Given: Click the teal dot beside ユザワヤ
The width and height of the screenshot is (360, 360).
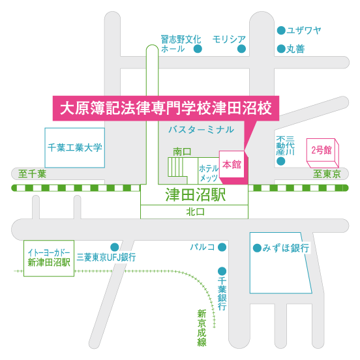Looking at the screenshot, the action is [281, 30].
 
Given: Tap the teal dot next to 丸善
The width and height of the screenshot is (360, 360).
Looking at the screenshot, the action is [281, 49].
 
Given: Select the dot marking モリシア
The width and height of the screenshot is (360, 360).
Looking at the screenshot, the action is [241, 49].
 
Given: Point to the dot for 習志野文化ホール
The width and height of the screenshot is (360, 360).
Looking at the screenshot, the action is [198, 49].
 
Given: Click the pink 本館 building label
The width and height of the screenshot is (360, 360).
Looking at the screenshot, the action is [232, 164].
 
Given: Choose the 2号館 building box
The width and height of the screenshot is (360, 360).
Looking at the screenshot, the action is [323, 153].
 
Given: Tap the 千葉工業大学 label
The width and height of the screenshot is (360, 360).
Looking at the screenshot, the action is [74, 147].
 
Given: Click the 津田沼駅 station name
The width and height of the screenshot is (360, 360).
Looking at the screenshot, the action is [196, 195].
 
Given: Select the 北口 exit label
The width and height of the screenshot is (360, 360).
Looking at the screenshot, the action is [195, 212].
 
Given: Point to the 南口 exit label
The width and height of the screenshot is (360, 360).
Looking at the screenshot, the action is [182, 152].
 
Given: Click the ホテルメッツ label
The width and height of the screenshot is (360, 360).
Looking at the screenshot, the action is [209, 173].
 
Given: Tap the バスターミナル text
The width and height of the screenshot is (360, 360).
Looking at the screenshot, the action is [201, 130].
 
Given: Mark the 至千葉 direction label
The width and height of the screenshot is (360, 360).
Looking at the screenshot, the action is [32, 173].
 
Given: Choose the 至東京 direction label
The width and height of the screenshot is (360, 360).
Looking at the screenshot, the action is [327, 173].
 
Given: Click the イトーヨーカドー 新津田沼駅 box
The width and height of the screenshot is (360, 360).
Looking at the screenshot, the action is [49, 258].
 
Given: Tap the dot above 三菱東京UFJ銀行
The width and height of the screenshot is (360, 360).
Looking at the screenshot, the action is [115, 247].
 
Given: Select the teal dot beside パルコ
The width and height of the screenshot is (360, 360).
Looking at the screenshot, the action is [222, 247].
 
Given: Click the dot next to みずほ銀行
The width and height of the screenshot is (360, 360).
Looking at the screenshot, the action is [257, 248].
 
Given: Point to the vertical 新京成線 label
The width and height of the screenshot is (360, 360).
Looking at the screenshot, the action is [202, 327].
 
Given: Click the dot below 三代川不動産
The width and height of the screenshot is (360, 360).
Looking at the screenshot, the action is [281, 161].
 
